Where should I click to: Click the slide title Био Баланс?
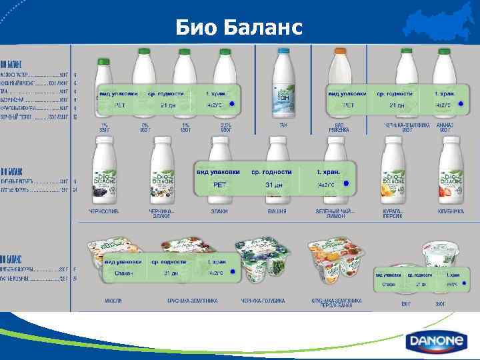coord(239,28)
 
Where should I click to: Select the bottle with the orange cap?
coord(341,80)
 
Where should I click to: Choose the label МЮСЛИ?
coord(113,301)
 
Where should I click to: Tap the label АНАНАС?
coord(445,125)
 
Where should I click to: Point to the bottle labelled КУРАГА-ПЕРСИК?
coord(393,170)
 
